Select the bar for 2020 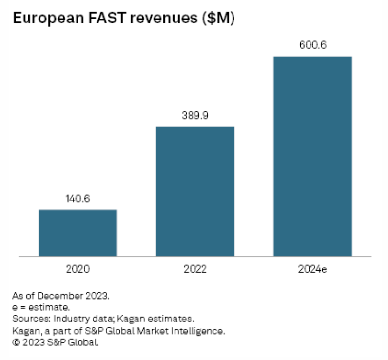pos(78,233)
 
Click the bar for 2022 pos(195,191)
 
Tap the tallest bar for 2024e pos(312,156)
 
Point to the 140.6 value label pos(78,199)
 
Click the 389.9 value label pos(195,116)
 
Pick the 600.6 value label pos(312,45)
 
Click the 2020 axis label pos(78,269)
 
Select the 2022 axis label pos(195,269)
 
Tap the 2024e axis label pos(312,269)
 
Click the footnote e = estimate pos(40,307)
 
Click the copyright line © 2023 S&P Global pos(57,342)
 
